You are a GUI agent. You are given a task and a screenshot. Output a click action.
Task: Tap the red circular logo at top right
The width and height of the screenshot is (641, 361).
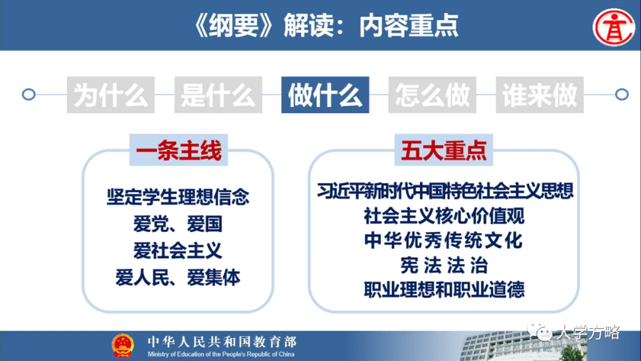[614, 27]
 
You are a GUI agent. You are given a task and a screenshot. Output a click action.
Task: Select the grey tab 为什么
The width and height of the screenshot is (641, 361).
[111, 95]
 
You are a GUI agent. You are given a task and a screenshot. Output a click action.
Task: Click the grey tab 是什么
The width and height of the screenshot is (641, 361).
[218, 95]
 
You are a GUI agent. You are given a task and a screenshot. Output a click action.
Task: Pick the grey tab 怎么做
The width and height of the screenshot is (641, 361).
[432, 95]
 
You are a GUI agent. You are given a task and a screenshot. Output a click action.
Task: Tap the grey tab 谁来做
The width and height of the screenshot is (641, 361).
[539, 95]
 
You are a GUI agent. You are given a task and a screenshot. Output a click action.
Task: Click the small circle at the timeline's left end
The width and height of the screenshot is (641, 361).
[28, 94]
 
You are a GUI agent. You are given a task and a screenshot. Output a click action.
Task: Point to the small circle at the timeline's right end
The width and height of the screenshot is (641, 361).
[621, 94]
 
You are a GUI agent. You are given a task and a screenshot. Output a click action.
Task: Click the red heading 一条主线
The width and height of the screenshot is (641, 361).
[179, 151]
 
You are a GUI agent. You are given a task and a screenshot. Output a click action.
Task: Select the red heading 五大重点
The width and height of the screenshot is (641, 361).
[444, 151]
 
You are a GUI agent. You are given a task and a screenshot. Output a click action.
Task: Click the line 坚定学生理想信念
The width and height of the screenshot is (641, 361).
[178, 197]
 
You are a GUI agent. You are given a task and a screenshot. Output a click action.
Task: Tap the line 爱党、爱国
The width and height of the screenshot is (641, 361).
[178, 224]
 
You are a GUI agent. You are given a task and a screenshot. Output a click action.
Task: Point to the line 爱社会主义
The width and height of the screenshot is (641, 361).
[178, 251]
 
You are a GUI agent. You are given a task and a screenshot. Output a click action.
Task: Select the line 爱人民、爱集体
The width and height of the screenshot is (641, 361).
[178, 277]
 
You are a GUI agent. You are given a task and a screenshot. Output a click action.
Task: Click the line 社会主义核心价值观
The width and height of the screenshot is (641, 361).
[444, 216]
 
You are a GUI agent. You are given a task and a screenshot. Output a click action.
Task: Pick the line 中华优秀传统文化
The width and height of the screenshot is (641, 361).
[444, 240]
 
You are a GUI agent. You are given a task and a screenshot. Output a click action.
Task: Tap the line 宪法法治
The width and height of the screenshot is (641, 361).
[444, 265]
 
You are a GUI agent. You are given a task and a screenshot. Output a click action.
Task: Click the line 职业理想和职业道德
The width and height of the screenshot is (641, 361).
[444, 290]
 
